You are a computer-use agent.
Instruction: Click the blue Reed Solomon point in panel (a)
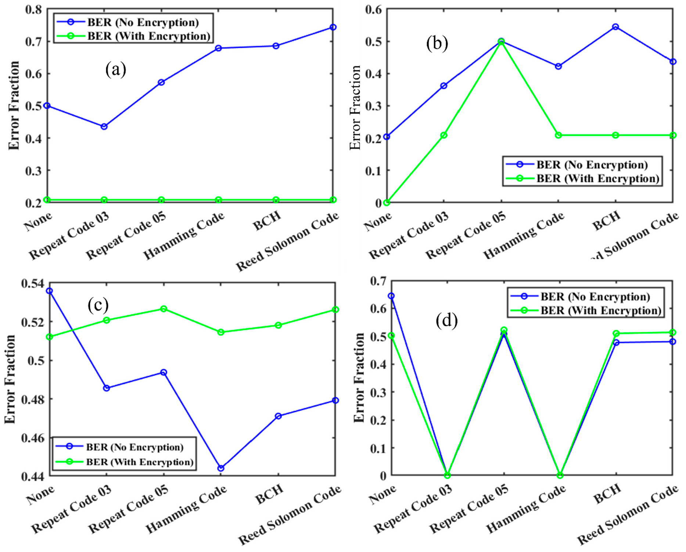tap(333, 27)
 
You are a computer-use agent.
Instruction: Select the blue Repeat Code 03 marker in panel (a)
tap(104, 126)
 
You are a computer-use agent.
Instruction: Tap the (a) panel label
tap(116, 69)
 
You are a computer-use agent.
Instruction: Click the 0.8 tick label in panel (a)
tap(33, 9)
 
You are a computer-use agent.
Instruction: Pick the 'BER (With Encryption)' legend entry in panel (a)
tap(148, 36)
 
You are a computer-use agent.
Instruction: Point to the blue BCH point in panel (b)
tap(615, 27)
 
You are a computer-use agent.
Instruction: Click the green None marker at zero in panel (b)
tap(387, 202)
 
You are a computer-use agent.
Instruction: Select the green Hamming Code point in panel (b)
tap(558, 135)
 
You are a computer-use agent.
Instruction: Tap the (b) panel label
tap(437, 43)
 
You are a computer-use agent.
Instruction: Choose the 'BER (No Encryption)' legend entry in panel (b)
tap(592, 165)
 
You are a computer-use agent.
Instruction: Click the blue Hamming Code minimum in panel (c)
tap(221, 468)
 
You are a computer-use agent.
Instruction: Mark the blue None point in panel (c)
tap(50, 291)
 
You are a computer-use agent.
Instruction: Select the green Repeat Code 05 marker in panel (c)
tap(164, 309)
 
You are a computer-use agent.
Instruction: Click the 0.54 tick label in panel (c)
tap(32, 283)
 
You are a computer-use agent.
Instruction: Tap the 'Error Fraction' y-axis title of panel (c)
tap(10, 379)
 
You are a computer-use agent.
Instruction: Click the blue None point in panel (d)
tap(391, 296)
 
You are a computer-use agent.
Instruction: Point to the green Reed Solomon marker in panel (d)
tap(672, 332)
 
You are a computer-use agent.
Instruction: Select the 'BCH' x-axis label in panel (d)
tap(607, 494)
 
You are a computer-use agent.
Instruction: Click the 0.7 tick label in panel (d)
tap(378, 281)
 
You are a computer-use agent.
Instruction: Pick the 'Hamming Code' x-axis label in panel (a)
tap(184, 236)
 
